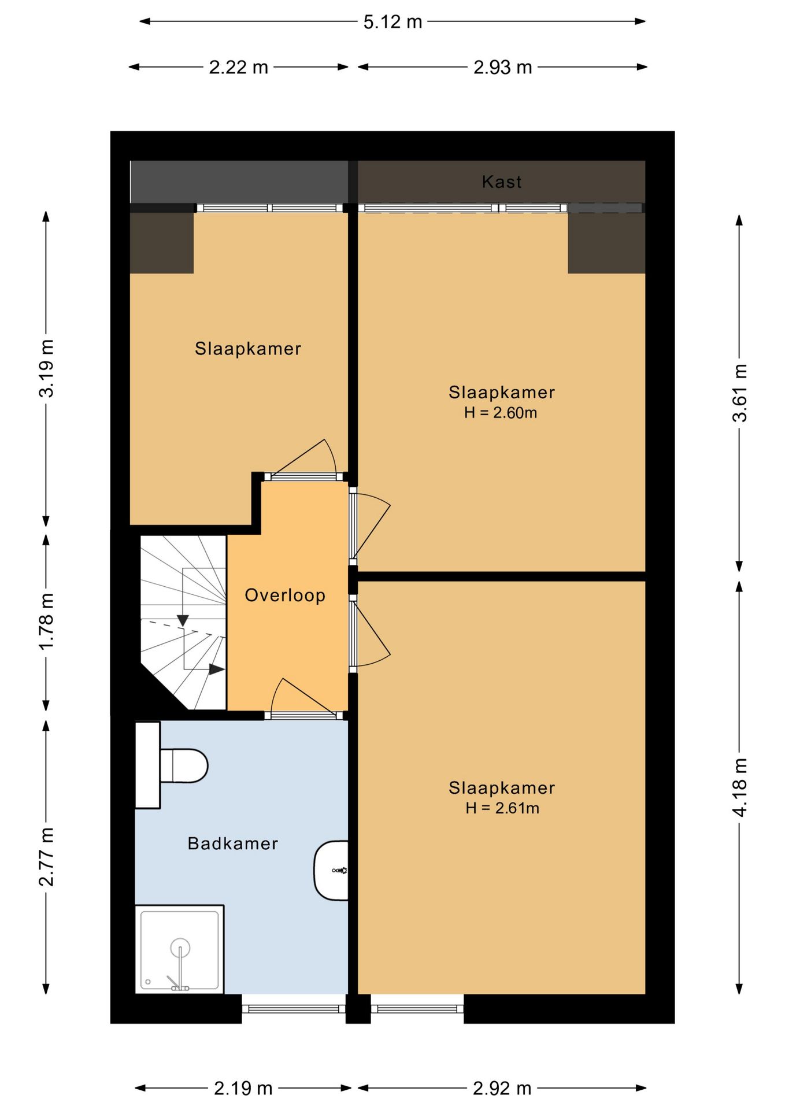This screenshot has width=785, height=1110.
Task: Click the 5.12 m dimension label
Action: click(392, 22)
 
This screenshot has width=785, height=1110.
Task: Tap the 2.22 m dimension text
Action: click(238, 68)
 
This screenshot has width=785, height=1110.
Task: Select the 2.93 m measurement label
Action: click(502, 68)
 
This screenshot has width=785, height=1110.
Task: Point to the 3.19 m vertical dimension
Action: click(46, 368)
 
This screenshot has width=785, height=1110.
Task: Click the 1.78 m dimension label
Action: click(46, 621)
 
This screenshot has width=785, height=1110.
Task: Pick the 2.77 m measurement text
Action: click(46, 857)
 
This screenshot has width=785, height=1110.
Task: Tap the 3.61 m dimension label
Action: click(740, 393)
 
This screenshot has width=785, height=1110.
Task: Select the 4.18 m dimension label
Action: click(740, 787)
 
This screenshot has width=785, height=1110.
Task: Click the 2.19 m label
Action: click(243, 1089)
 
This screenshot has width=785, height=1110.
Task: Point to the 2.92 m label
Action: click(502, 1089)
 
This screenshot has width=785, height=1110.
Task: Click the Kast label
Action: click(502, 182)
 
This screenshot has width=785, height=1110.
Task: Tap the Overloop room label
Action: click(285, 595)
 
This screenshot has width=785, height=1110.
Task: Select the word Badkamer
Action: click(233, 843)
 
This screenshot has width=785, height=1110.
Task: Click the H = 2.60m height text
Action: click(501, 413)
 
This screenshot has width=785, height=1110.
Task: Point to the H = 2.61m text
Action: click(502, 808)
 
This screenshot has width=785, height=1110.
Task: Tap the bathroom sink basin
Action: click(331, 870)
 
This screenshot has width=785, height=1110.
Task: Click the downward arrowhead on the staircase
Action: click(183, 620)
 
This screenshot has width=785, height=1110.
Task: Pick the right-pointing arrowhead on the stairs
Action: click(217, 669)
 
